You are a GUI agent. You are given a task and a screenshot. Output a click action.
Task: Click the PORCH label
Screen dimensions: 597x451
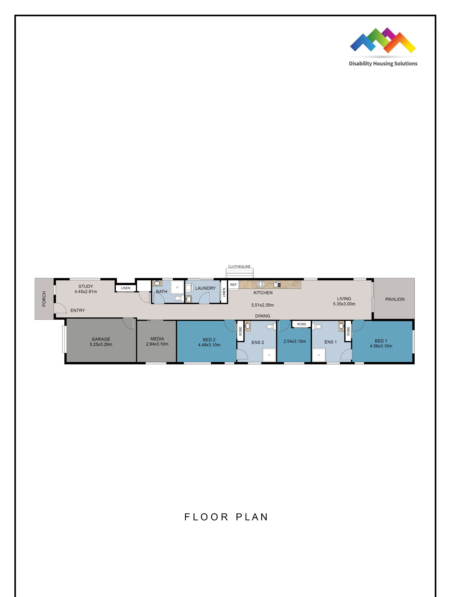(44, 299)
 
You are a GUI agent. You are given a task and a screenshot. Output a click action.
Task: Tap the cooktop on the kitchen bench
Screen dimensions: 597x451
(260, 284)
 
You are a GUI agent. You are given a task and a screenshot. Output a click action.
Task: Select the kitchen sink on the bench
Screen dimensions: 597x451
(277, 284)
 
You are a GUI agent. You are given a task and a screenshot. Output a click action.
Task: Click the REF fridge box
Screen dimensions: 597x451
(233, 285)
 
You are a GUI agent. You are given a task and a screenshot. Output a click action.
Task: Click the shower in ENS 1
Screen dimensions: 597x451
(319, 355)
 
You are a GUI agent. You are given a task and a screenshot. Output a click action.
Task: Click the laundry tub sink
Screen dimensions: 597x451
(189, 298)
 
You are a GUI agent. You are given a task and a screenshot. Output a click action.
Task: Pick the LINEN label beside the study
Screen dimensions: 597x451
(126, 288)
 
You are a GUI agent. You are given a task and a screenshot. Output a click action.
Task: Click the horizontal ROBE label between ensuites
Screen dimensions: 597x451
(302, 324)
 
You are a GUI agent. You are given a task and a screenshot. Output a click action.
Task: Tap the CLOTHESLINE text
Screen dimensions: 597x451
(239, 267)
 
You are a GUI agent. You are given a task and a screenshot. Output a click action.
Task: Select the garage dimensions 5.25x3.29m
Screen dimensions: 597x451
(101, 344)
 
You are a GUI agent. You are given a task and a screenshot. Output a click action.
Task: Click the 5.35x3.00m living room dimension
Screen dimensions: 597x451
(344, 304)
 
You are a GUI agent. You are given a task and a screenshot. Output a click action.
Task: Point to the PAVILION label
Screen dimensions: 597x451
(395, 299)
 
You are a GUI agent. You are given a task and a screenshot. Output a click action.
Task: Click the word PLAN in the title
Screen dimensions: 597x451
(252, 517)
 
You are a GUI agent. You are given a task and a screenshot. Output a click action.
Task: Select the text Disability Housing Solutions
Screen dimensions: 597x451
(383, 64)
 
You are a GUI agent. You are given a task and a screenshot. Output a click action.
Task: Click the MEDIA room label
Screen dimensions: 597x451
(157, 339)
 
